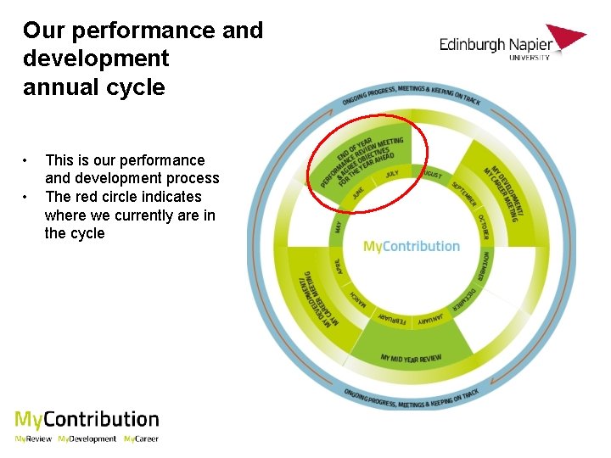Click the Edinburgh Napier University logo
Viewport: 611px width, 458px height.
(x=512, y=43)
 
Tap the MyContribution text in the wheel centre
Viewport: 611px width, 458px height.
(x=412, y=247)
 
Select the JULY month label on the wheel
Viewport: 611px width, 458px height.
(x=391, y=174)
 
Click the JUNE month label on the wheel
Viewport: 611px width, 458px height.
(x=359, y=193)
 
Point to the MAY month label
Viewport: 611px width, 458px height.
(x=339, y=226)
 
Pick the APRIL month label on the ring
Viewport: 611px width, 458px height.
(x=339, y=265)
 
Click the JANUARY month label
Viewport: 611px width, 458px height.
(x=429, y=320)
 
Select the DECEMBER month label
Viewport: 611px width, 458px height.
(x=463, y=302)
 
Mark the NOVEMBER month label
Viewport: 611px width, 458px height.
(x=483, y=266)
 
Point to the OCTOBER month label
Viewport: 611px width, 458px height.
(x=483, y=227)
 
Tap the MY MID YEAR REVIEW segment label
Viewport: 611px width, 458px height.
(x=412, y=359)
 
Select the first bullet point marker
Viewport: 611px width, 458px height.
(x=27, y=159)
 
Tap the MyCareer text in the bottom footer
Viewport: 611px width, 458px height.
(x=141, y=439)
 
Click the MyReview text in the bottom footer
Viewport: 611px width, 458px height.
(x=33, y=439)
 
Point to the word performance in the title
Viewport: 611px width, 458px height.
(x=144, y=31)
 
